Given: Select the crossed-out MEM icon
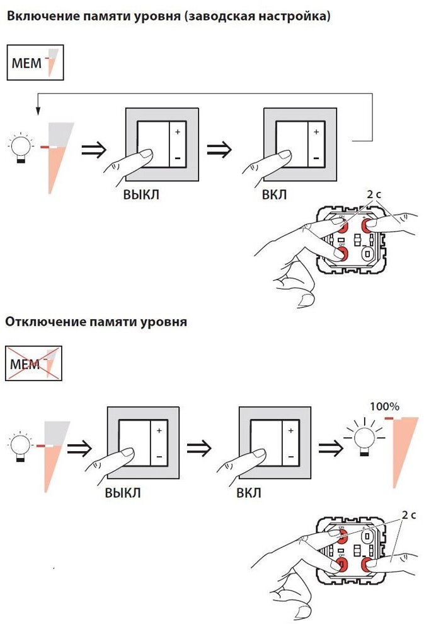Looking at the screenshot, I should [34, 363].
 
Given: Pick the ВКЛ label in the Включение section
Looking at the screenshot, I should [274, 195].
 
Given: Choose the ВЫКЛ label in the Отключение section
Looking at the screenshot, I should [122, 492].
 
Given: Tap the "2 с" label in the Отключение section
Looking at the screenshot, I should [409, 515].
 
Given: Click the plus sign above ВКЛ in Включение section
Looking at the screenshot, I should [316, 132].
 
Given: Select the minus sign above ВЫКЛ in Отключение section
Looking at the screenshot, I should [159, 456].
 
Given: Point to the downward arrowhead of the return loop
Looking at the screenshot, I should [37, 111].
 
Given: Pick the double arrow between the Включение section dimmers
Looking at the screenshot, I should [220, 150].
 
